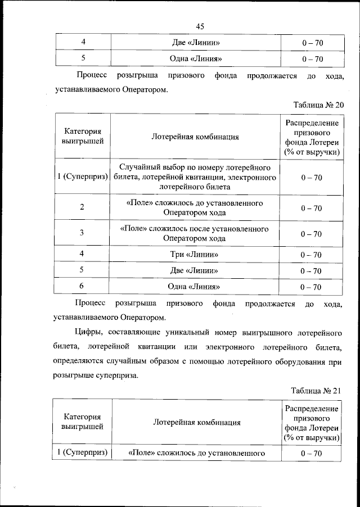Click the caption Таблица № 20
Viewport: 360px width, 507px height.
click(x=318, y=105)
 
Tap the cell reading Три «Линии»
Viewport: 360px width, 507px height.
click(x=195, y=255)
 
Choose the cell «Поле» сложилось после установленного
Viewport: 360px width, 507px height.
click(x=195, y=233)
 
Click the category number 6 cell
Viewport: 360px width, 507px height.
click(x=82, y=286)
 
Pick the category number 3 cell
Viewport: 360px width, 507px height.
click(x=82, y=233)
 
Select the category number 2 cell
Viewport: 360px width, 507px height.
click(x=82, y=207)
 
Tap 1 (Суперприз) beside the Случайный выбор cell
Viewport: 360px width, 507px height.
click(x=82, y=178)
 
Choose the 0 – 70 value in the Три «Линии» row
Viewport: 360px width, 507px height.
click(x=311, y=255)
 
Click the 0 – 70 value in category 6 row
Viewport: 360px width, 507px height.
click(x=311, y=287)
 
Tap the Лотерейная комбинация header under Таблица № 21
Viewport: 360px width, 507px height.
click(x=197, y=422)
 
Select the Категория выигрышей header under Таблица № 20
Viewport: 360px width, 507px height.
click(x=82, y=136)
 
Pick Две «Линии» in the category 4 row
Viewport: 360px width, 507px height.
click(x=195, y=43)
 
